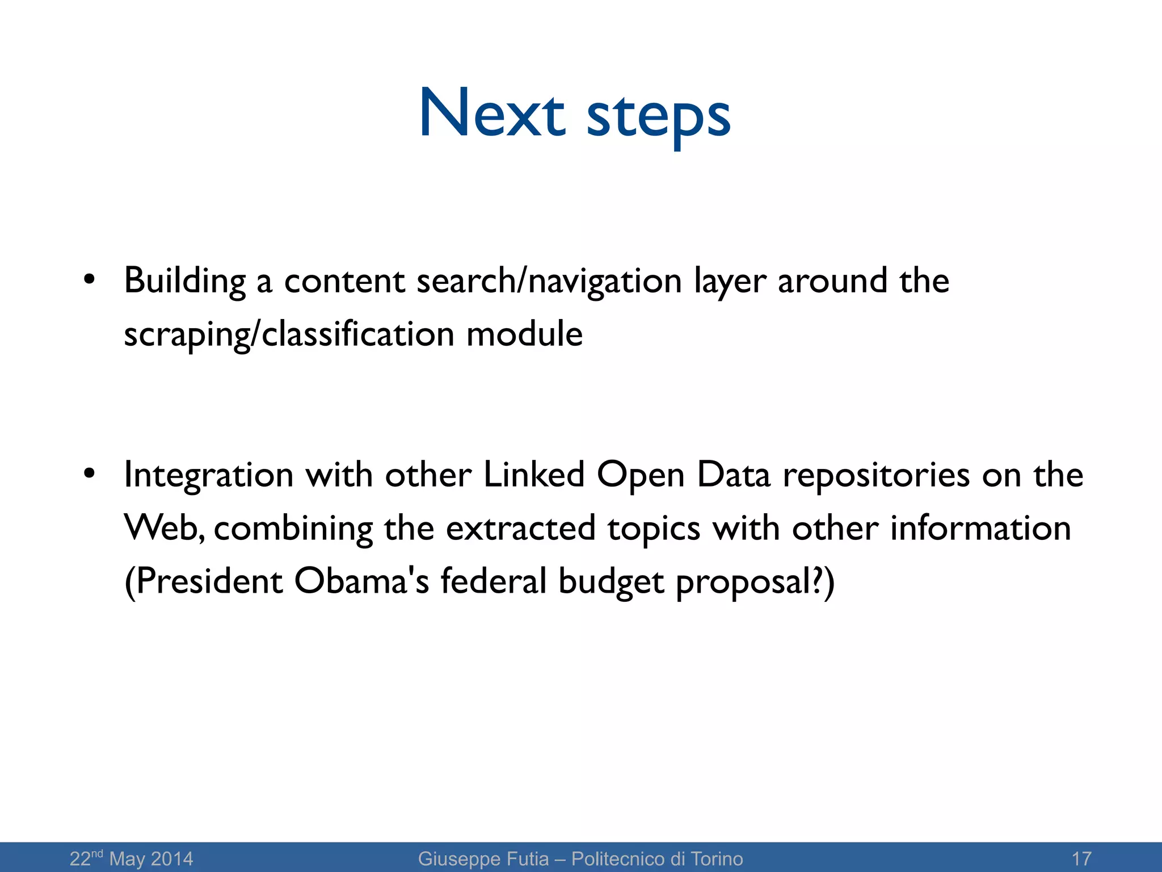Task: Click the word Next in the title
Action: click(x=492, y=113)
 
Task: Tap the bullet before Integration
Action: click(x=89, y=473)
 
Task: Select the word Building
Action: click(x=185, y=281)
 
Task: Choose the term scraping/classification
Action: click(x=289, y=334)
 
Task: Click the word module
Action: click(x=524, y=333)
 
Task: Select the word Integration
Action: click(x=208, y=476)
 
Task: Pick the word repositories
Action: click(x=876, y=475)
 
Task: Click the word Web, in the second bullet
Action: click(x=164, y=528)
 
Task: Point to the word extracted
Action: click(x=520, y=528)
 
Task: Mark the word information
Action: click(x=980, y=528)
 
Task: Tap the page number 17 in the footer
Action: click(x=1081, y=858)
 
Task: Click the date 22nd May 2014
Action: click(x=131, y=858)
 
